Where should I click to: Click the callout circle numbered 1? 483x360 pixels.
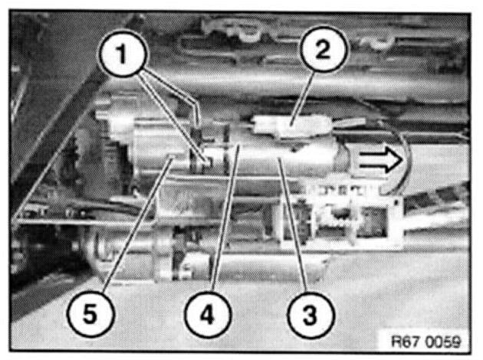pyautogui.click(x=123, y=54)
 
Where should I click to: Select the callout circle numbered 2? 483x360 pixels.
pyautogui.click(x=324, y=49)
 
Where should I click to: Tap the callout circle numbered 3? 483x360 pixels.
pyautogui.click(x=310, y=315)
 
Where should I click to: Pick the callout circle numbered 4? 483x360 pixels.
pyautogui.click(x=208, y=315)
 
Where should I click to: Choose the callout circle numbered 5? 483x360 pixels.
pyautogui.click(x=90, y=314)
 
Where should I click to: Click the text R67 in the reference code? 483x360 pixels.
pyautogui.click(x=403, y=341)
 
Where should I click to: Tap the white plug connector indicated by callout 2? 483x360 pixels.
pyautogui.click(x=291, y=125)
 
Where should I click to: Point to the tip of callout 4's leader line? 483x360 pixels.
pyautogui.click(x=238, y=146)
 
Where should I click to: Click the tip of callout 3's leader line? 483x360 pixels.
pyautogui.click(x=279, y=158)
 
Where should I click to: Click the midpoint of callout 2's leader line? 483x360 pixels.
pyautogui.click(x=302, y=98)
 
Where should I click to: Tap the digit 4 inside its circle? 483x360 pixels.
pyautogui.click(x=208, y=315)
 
